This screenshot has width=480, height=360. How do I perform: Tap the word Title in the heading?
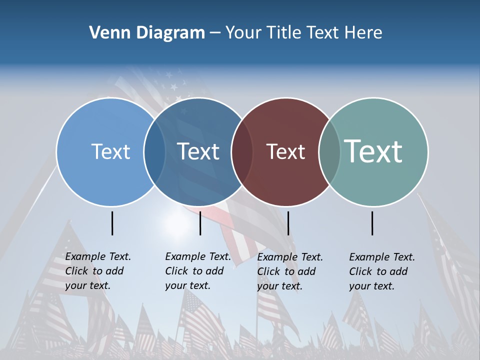pos(284,33)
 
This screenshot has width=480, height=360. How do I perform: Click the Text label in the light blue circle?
pos(110,151)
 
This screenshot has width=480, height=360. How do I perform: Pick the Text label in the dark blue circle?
pos(198,151)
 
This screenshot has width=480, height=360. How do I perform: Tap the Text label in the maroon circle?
pos(285,151)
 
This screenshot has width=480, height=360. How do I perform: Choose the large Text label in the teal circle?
pos(373,151)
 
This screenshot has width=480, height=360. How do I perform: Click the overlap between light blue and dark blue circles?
pos(154,152)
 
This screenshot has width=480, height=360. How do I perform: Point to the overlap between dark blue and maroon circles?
pos(242,152)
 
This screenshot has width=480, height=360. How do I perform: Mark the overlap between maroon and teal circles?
pos(329,152)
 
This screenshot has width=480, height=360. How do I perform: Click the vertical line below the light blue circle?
pos(112,223)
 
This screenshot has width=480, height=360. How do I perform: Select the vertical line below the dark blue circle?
pos(200,223)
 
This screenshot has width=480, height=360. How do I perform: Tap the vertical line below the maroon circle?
pos(288,223)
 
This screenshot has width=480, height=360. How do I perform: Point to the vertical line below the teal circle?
pos(372,223)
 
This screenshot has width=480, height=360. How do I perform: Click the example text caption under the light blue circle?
pos(98,271)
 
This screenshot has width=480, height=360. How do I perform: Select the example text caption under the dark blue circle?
pos(198,271)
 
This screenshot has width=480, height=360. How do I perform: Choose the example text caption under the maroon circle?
pos(290,271)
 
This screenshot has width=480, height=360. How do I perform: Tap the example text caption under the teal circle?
pos(382,271)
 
